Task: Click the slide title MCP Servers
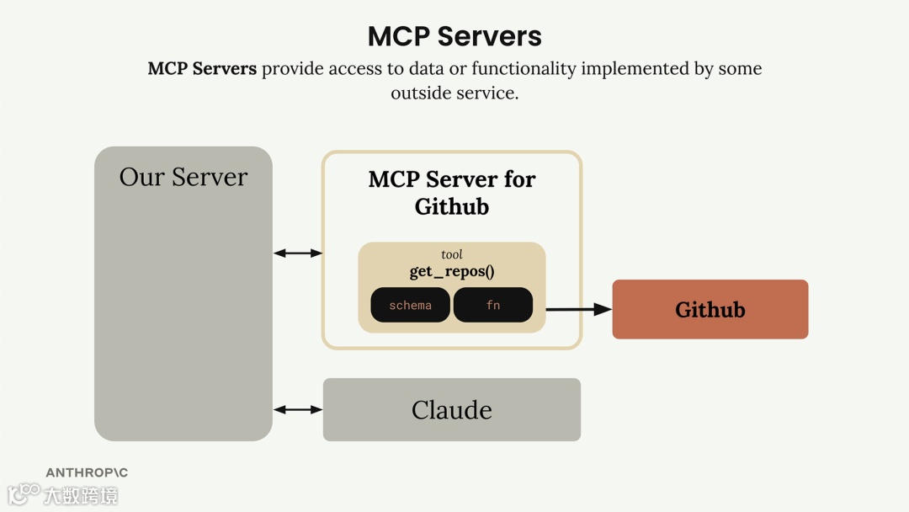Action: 454,36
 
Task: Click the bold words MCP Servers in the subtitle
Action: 202,68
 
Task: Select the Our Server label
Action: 183,177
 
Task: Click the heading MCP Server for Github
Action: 452,192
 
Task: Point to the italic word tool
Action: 452,254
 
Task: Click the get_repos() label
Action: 452,271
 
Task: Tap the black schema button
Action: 410,305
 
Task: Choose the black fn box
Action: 493,305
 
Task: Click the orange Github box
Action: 710,309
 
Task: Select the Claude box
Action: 452,409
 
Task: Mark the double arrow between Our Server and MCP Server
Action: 298,253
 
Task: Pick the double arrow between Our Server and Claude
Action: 298,409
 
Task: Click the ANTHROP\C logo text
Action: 87,472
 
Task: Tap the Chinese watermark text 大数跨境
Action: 81,494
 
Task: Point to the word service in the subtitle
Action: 487,93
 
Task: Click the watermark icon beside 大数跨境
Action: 24,493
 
